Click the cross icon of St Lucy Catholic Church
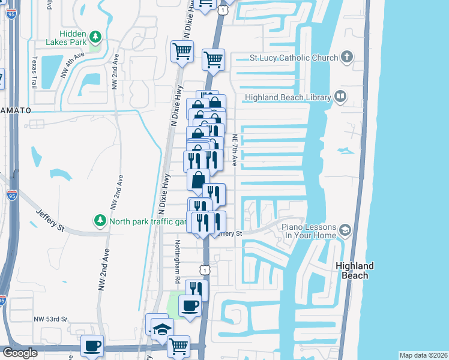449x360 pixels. [x=346, y=58]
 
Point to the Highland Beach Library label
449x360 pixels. [x=288, y=98]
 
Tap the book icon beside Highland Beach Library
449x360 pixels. [x=340, y=97]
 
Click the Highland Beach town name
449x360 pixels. [x=354, y=270]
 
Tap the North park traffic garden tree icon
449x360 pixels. [x=100, y=221]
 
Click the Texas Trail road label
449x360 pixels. [x=34, y=72]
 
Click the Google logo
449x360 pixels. [x=20, y=353]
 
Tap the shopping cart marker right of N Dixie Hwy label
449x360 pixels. [x=182, y=51]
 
